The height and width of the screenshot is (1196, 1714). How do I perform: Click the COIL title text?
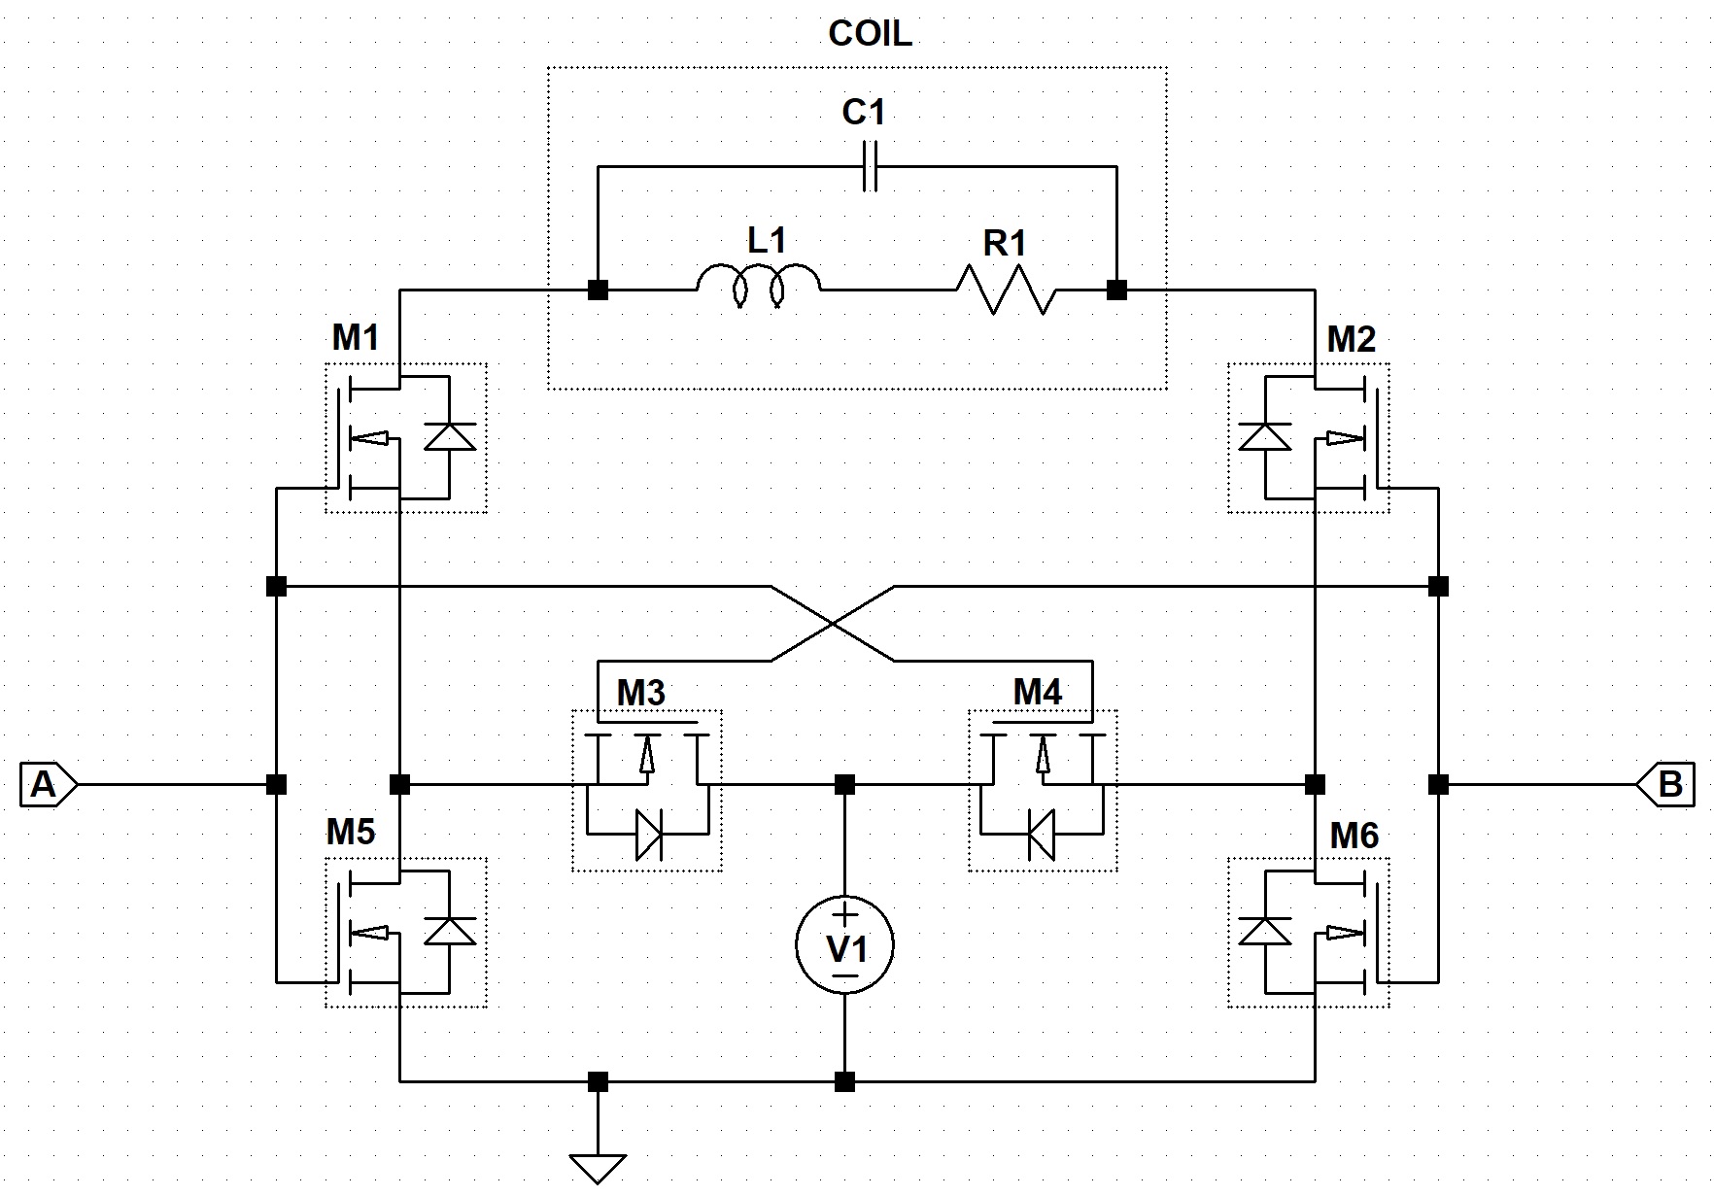(870, 34)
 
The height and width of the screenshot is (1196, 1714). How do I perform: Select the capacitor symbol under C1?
(872, 166)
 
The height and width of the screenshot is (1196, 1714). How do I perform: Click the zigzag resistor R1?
(1006, 290)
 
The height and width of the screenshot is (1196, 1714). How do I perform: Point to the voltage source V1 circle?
(845, 944)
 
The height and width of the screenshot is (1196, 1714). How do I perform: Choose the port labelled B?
(1664, 783)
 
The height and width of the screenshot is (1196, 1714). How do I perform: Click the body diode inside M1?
(450, 437)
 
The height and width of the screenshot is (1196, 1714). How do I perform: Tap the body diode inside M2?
(1265, 437)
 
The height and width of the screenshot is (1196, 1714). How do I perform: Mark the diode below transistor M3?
(648, 835)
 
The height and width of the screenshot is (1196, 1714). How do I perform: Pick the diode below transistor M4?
(1042, 835)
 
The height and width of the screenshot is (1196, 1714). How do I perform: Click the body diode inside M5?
(450, 931)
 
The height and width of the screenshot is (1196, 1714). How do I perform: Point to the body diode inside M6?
(1265, 931)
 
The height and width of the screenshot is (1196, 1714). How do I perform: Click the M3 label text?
(641, 693)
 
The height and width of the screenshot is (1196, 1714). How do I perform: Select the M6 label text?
(1354, 836)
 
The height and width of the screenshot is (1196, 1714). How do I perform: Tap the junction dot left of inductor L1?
(599, 290)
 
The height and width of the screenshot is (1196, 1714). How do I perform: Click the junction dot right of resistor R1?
(1117, 290)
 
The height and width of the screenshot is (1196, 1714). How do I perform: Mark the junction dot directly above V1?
(845, 783)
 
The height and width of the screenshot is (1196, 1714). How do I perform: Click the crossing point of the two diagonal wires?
(833, 624)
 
